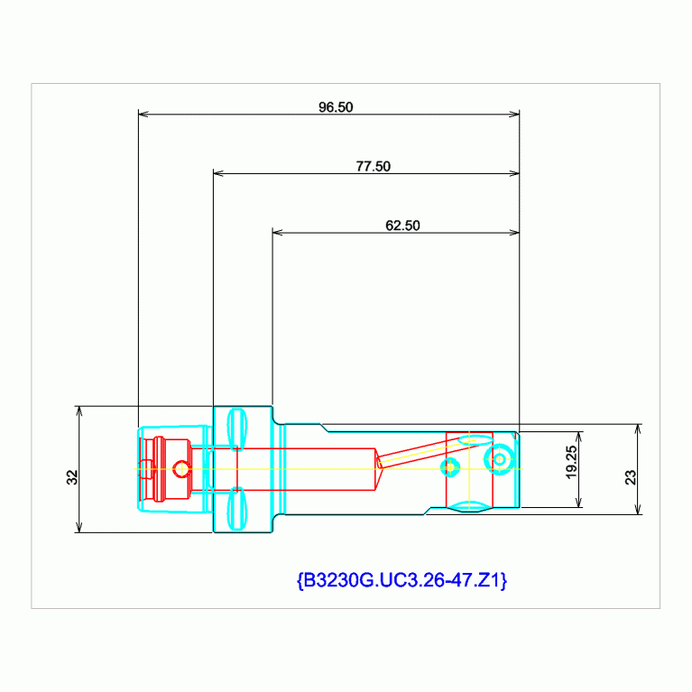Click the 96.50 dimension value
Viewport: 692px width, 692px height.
[x=336, y=106]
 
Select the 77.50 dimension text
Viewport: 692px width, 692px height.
[x=373, y=166]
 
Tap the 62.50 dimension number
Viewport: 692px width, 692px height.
[x=402, y=226]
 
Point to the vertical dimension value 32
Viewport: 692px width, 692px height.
[x=71, y=477]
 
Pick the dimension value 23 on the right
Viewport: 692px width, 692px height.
[x=631, y=476]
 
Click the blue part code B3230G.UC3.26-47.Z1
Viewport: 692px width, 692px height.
[x=401, y=580]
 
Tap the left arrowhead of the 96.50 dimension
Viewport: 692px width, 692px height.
[x=143, y=114]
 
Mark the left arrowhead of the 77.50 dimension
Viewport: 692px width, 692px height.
[x=217, y=173]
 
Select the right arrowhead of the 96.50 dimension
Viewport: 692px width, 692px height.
[x=514, y=114]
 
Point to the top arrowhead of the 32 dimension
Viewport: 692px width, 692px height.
[x=79, y=411]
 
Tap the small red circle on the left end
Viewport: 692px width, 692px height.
[x=181, y=468]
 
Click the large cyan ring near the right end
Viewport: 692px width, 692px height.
[x=499, y=459]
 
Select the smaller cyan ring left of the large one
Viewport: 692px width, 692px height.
[x=450, y=467]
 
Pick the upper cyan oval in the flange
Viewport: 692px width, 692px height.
[x=236, y=428]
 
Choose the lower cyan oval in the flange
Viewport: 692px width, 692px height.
[x=236, y=508]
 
